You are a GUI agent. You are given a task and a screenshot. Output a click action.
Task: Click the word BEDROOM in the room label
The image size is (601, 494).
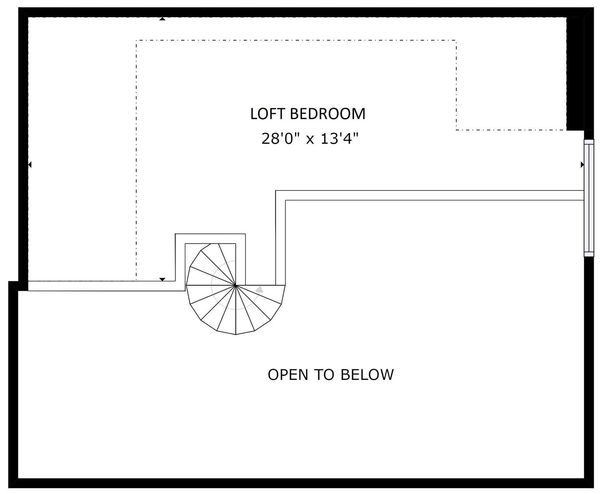[x=328, y=114]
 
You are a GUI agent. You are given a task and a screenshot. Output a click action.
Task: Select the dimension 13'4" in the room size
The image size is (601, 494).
[x=340, y=139]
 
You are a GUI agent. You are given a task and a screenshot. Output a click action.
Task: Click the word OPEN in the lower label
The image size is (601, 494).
[x=288, y=375]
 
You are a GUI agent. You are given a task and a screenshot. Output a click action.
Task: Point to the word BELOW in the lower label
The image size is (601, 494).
[x=367, y=375]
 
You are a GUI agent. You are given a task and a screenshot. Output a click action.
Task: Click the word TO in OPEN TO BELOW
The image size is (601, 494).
[x=324, y=375]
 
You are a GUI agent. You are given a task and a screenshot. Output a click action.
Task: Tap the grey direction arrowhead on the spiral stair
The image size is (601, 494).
[x=259, y=290]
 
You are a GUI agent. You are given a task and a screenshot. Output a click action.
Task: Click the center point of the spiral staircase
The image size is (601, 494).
[x=235, y=285]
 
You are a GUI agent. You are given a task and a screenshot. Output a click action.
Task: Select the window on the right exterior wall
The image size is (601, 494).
[x=589, y=198]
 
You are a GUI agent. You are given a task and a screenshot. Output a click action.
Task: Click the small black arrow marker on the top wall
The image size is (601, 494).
[x=162, y=19]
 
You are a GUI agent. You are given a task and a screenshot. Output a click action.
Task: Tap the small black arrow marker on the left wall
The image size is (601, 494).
[x=30, y=164]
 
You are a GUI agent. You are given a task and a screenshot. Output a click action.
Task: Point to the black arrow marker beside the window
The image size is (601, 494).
[x=582, y=164]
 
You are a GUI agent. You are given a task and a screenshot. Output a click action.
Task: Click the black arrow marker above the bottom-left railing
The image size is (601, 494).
[x=162, y=279]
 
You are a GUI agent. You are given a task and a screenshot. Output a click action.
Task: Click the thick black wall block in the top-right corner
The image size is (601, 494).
[x=575, y=73]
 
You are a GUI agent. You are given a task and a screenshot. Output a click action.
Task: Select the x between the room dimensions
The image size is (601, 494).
[x=310, y=140]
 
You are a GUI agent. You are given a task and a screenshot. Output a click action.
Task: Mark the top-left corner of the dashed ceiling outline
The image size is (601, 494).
[x=136, y=40]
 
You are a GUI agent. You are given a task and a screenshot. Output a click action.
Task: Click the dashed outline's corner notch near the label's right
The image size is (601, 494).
[x=456, y=129]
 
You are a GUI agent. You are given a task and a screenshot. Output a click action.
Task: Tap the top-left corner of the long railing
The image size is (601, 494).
[x=276, y=190]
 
